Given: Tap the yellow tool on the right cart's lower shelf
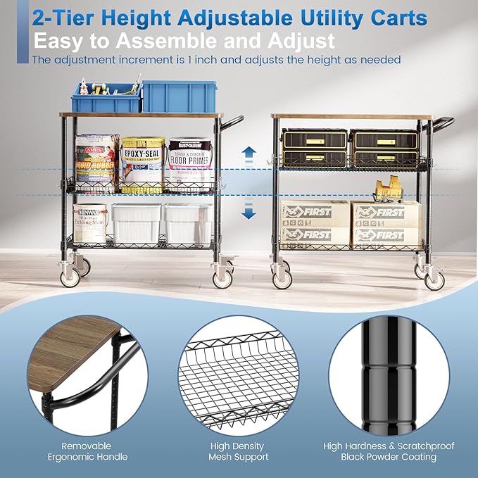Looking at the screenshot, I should (386, 188).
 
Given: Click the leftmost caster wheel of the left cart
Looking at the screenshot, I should (70, 277).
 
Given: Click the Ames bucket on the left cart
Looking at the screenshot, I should (96, 161).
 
